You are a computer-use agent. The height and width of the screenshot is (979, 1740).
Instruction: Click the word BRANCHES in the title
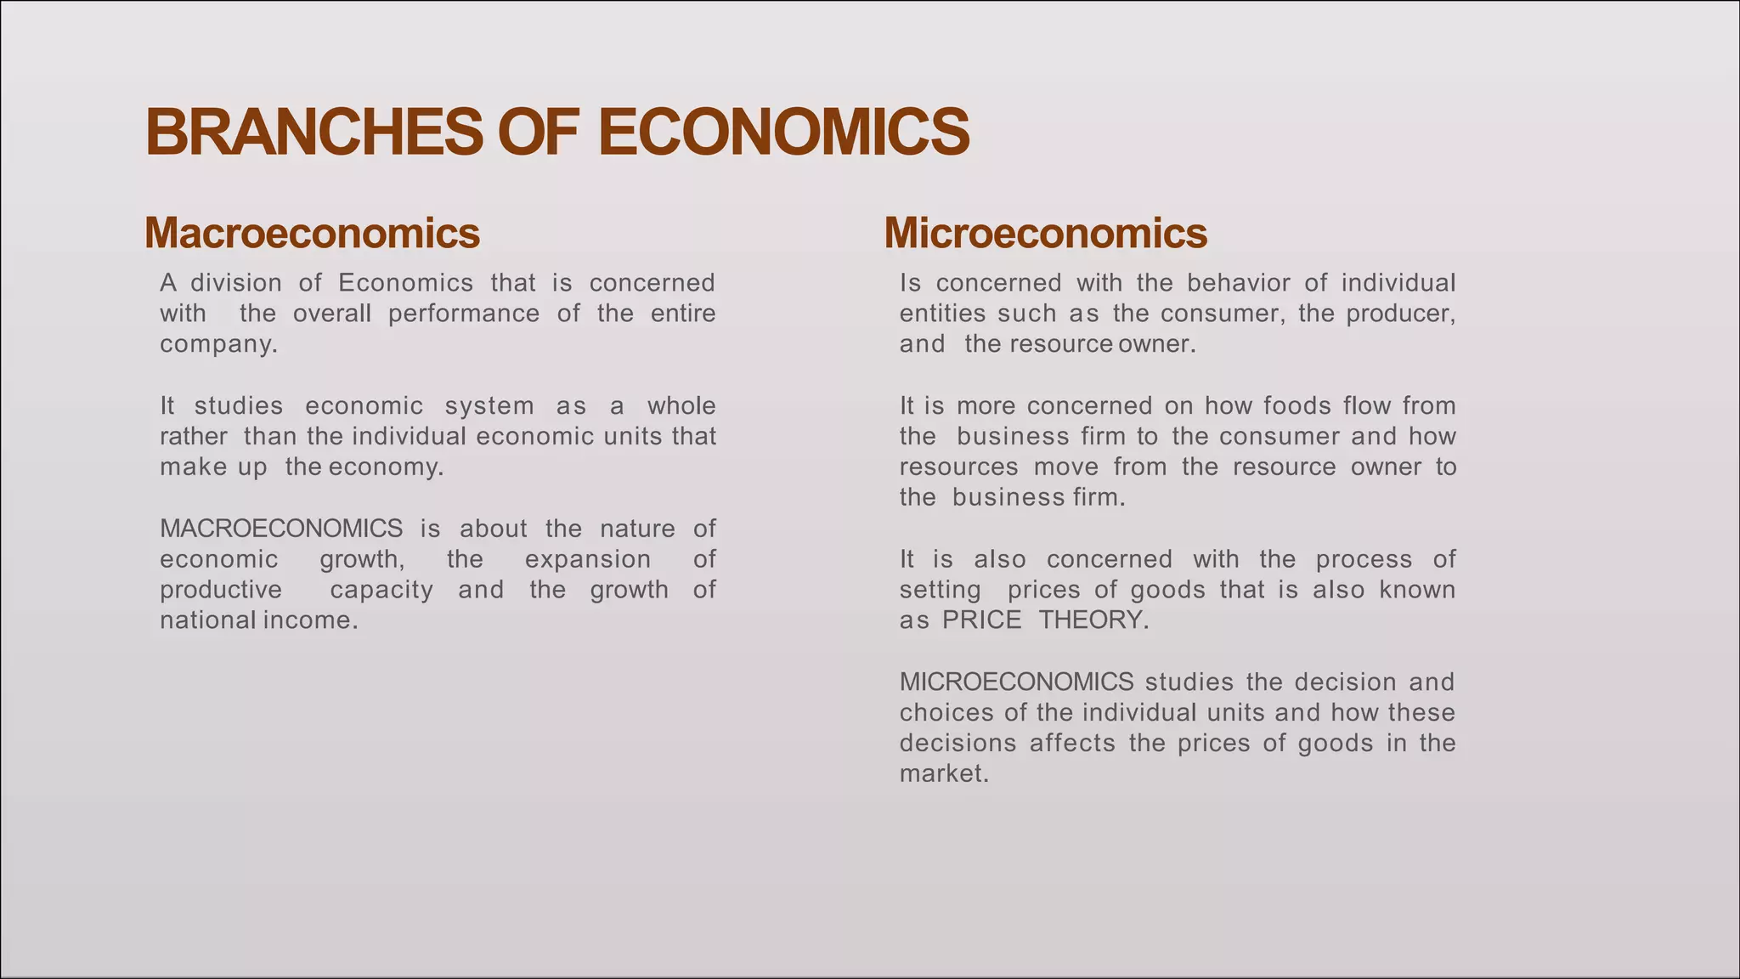click(314, 133)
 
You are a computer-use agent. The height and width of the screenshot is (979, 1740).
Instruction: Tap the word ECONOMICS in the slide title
click(783, 133)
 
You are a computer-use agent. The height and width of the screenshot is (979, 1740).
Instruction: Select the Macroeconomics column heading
click(312, 233)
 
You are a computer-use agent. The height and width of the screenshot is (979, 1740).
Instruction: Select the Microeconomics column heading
click(1045, 233)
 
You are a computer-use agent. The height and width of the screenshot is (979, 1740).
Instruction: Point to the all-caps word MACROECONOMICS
click(281, 529)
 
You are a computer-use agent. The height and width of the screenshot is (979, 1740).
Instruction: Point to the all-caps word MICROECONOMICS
click(1016, 682)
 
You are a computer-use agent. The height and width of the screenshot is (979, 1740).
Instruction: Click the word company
click(218, 345)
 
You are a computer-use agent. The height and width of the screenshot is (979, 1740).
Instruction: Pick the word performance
click(464, 314)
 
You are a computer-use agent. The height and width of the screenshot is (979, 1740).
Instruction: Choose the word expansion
click(587, 559)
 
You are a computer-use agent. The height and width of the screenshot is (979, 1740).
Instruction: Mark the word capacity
click(381, 590)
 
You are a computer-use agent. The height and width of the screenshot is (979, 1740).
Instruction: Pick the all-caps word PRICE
click(981, 620)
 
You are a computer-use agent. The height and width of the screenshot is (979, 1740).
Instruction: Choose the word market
click(944, 774)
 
